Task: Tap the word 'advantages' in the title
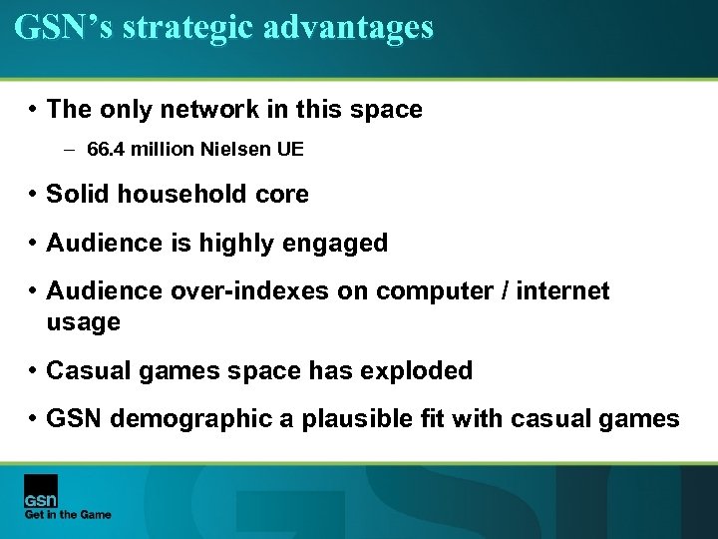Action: tap(349, 27)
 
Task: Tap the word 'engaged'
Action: tap(338, 243)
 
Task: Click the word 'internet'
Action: tap(562, 290)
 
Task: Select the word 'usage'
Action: tap(83, 321)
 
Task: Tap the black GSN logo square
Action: tap(41, 490)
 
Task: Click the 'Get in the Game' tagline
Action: tap(68, 515)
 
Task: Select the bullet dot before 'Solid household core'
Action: tap(33, 195)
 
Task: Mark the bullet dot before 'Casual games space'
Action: tap(33, 371)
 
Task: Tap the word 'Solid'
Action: tap(79, 194)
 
